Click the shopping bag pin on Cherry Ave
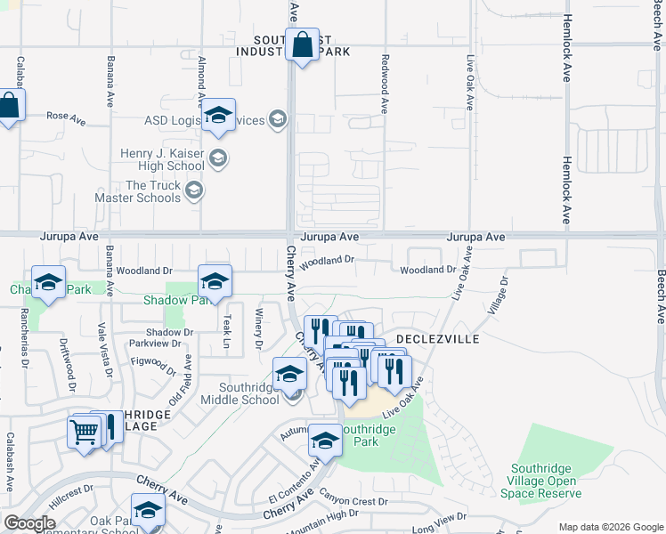point(302,44)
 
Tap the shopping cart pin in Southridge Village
point(85,433)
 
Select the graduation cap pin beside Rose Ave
point(218,116)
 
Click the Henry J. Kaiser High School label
point(162,159)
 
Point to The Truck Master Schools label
point(153,190)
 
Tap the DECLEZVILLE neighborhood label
point(437,340)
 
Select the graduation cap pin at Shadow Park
point(214,282)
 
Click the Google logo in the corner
point(29,523)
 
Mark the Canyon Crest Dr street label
point(354,501)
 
